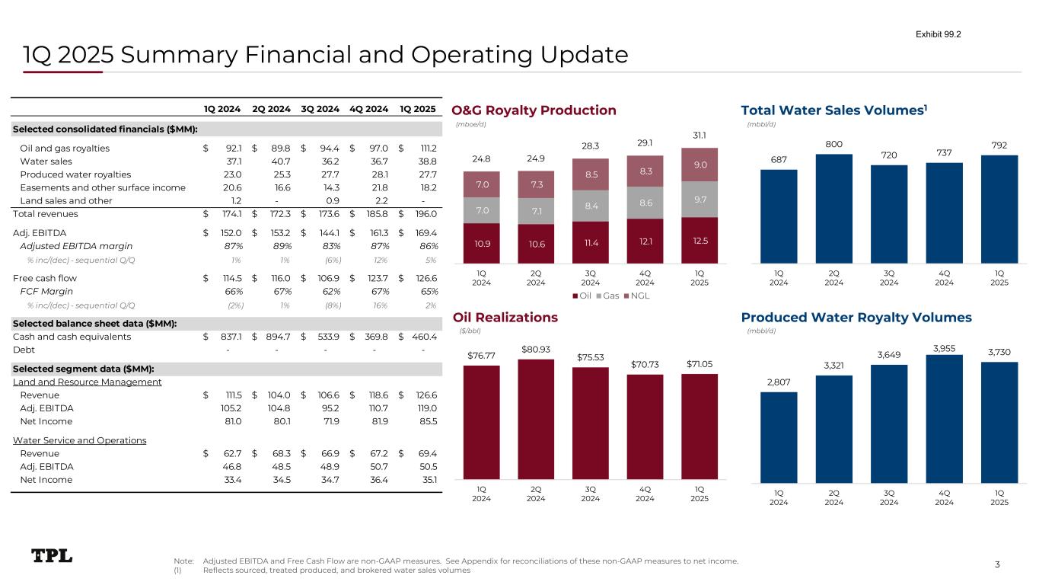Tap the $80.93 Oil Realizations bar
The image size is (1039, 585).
(x=535, y=419)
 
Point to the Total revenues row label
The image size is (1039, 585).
(x=47, y=213)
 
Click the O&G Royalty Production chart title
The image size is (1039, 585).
(x=534, y=110)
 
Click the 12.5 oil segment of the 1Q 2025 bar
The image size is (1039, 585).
(x=699, y=241)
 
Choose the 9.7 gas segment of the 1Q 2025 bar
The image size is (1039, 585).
(x=699, y=200)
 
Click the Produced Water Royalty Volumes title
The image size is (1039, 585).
(x=856, y=317)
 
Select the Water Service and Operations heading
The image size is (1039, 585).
(x=80, y=440)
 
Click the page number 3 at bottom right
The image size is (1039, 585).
(x=997, y=564)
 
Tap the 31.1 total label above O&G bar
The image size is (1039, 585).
(x=699, y=135)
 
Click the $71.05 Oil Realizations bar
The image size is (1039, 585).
(x=699, y=427)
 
